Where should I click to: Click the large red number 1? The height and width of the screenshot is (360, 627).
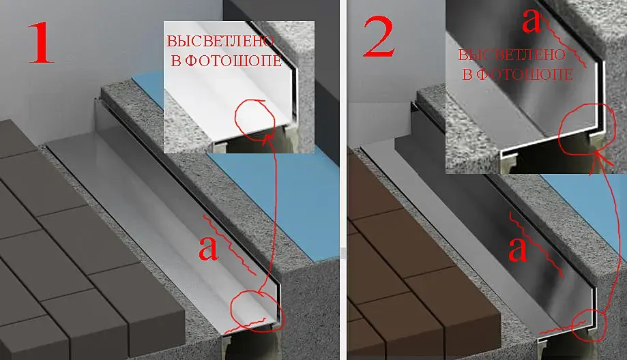click(x=40, y=43)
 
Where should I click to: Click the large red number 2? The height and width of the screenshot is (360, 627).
click(x=379, y=37)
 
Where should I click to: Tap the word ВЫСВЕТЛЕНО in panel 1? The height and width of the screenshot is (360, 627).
click(x=220, y=41)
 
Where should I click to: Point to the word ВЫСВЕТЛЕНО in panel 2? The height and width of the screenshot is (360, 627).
click(x=512, y=55)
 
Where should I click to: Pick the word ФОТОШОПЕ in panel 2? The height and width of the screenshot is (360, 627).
click(x=525, y=74)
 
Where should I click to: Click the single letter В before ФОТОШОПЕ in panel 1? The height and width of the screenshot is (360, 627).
click(x=176, y=61)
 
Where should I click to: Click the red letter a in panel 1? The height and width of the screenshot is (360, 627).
click(x=208, y=248)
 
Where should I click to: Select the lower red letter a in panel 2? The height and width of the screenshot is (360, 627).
click(x=517, y=250)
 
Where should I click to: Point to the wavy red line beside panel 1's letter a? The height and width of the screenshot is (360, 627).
click(x=229, y=245)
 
